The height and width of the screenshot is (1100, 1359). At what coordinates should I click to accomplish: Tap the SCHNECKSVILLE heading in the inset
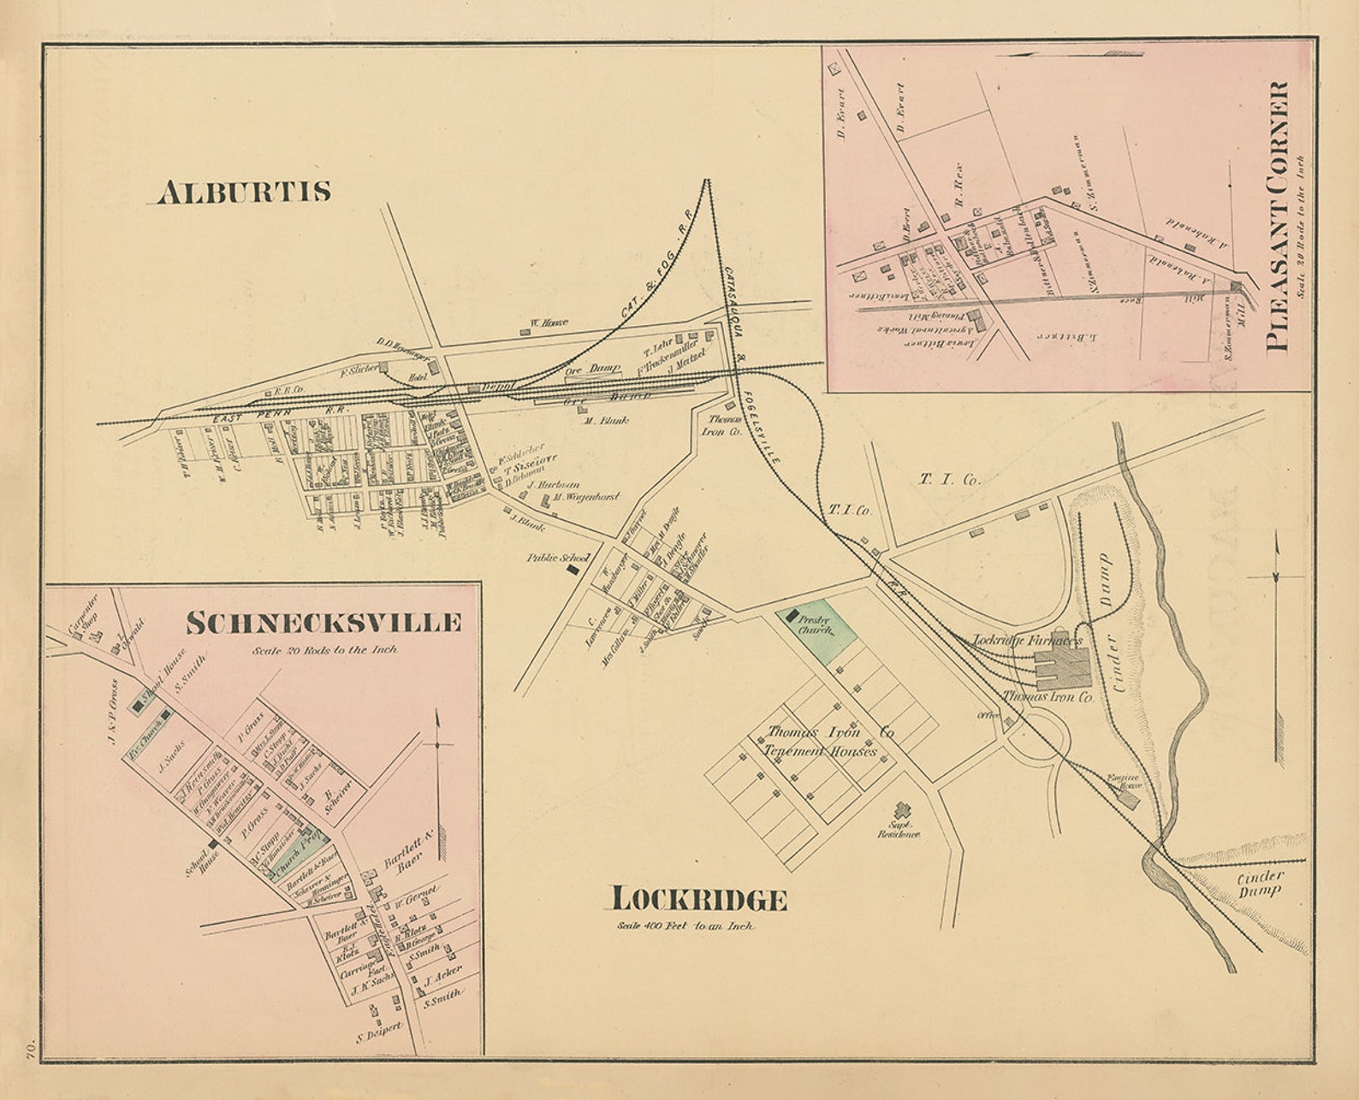coord(323,623)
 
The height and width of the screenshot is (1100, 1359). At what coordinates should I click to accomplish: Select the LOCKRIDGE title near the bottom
coord(698,900)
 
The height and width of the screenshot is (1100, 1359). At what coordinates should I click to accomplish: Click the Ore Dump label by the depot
coord(593,369)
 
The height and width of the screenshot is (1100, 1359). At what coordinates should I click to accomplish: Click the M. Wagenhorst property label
coord(585,496)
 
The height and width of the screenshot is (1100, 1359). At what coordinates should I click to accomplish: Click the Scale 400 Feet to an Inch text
coord(685,926)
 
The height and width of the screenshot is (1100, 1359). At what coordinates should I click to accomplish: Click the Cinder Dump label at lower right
coord(1260,883)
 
